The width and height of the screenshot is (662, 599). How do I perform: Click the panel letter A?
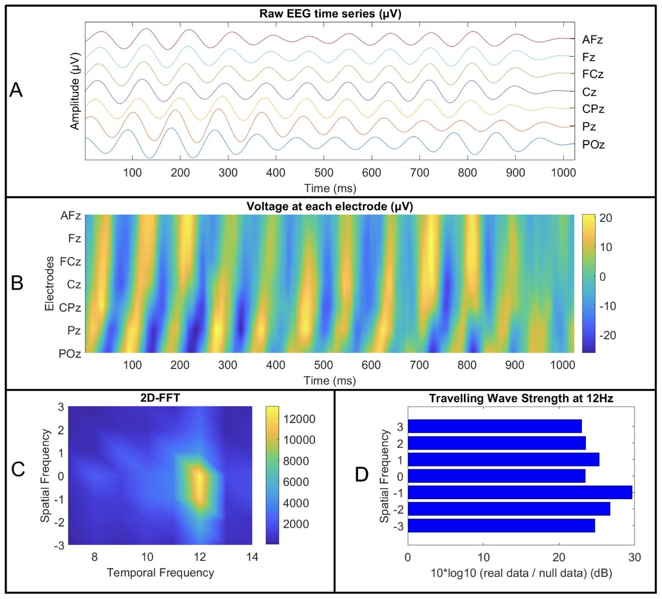pos(17,89)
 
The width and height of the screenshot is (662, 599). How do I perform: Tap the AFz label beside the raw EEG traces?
pos(592,40)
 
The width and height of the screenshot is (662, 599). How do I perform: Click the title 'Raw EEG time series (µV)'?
pos(330,14)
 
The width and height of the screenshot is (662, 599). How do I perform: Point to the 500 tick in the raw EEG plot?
pos(324,173)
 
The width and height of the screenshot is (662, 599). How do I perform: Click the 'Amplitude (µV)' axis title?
pos(76,91)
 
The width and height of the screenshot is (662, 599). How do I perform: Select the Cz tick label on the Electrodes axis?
pos(74,285)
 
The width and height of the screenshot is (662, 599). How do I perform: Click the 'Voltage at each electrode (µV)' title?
pos(330,206)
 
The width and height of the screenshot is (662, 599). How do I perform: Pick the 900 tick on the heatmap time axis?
pos(515,365)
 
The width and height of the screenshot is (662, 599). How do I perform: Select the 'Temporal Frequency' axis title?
pos(161,573)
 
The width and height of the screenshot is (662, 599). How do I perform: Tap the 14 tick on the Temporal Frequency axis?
pos(252,557)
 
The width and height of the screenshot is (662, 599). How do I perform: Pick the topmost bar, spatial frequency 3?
pos(495,426)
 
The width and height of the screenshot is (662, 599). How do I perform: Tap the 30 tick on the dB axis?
pos(634,557)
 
